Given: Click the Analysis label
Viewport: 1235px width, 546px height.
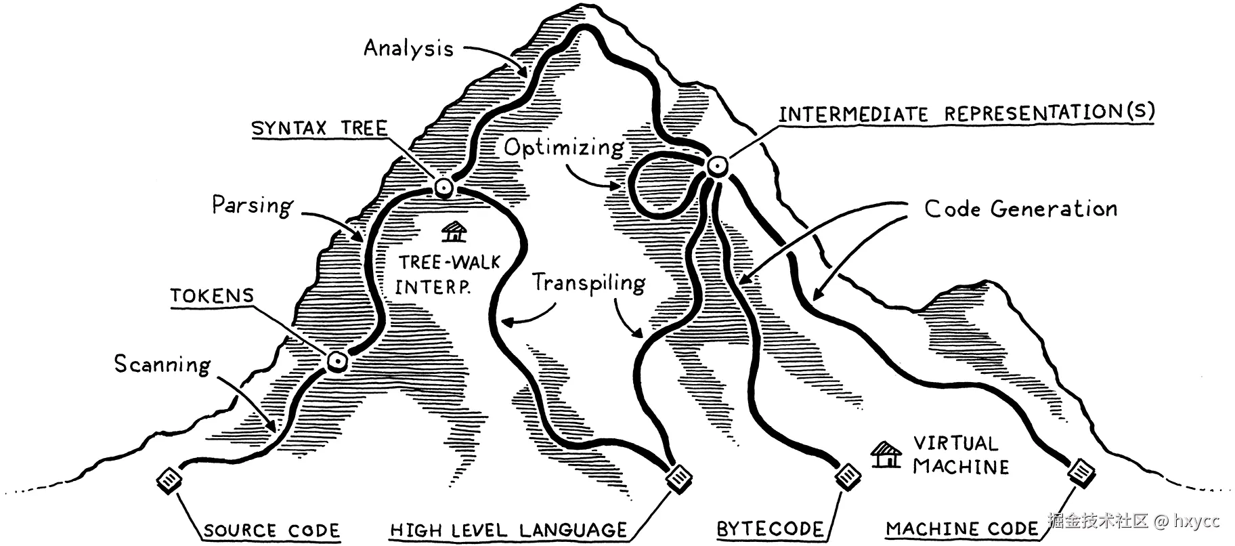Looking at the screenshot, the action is [408, 48].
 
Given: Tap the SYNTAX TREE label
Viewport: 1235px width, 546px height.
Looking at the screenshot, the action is [319, 128].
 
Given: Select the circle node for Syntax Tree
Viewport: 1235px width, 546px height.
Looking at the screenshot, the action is [444, 188].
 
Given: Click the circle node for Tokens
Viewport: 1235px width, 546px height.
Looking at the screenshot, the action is [337, 362].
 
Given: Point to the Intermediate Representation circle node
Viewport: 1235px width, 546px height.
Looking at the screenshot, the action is [716, 165].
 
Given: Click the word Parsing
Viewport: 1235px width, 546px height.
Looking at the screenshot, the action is [252, 205].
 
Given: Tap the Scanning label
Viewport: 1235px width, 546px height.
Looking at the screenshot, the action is [162, 364].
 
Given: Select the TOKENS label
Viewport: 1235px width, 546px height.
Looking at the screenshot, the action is [212, 295].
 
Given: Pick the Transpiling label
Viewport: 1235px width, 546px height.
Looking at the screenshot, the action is [588, 282].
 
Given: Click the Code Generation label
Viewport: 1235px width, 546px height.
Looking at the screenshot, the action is [1020, 209].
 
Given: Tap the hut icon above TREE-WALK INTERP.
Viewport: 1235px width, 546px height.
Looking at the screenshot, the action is [454, 232].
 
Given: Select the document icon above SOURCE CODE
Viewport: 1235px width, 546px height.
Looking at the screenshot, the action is [169, 481].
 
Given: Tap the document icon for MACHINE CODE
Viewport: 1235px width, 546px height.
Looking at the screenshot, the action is [1081, 471].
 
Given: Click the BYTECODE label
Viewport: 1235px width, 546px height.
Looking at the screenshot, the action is [770, 529].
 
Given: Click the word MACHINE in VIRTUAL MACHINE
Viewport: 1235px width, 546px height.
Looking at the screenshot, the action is [961, 467].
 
